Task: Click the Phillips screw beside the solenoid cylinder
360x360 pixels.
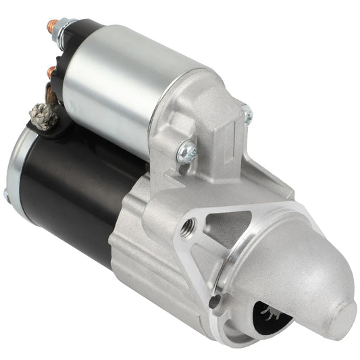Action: pyautogui.click(x=186, y=153)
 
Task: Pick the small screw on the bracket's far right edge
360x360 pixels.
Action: pyautogui.click(x=247, y=118)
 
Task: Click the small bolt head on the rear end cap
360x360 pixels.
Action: pyautogui.click(x=6, y=195)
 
